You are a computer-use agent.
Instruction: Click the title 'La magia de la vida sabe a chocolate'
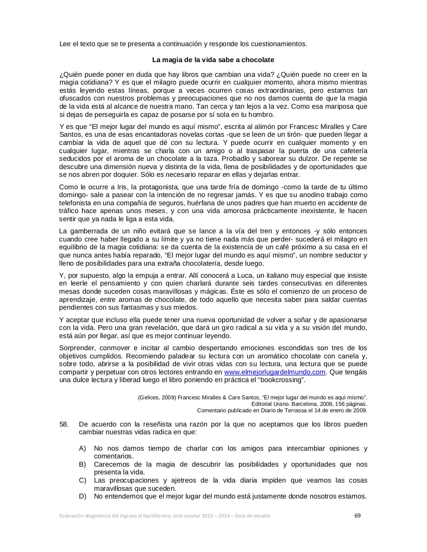pos(213,60)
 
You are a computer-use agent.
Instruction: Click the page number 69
pos(357,515)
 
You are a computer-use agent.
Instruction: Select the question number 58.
pos(64,424)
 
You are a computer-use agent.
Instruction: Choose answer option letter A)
pos(82,448)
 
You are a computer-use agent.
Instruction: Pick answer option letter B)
pos(82,464)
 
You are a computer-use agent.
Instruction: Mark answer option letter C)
pos(82,480)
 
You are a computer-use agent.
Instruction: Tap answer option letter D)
pos(82,496)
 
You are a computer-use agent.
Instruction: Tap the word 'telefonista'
pos(76,203)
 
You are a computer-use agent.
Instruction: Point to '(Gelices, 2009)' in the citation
pos(157,397)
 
